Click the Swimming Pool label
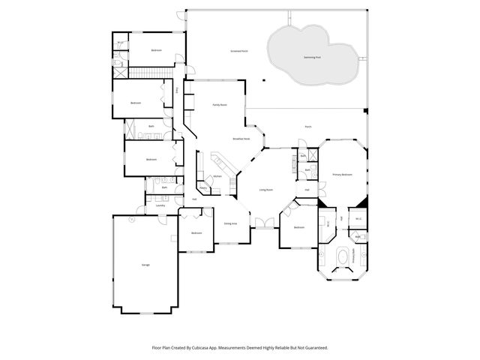[313, 57]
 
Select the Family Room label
[220, 105]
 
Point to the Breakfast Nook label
[241, 139]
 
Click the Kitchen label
[217, 176]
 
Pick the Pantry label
[202, 190]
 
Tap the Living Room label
[265, 190]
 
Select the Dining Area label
[230, 223]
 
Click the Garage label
[145, 265]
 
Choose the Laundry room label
[160, 205]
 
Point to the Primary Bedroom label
[342, 174]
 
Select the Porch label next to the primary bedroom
[307, 127]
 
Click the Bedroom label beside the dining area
[196, 233]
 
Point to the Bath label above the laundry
[164, 187]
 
